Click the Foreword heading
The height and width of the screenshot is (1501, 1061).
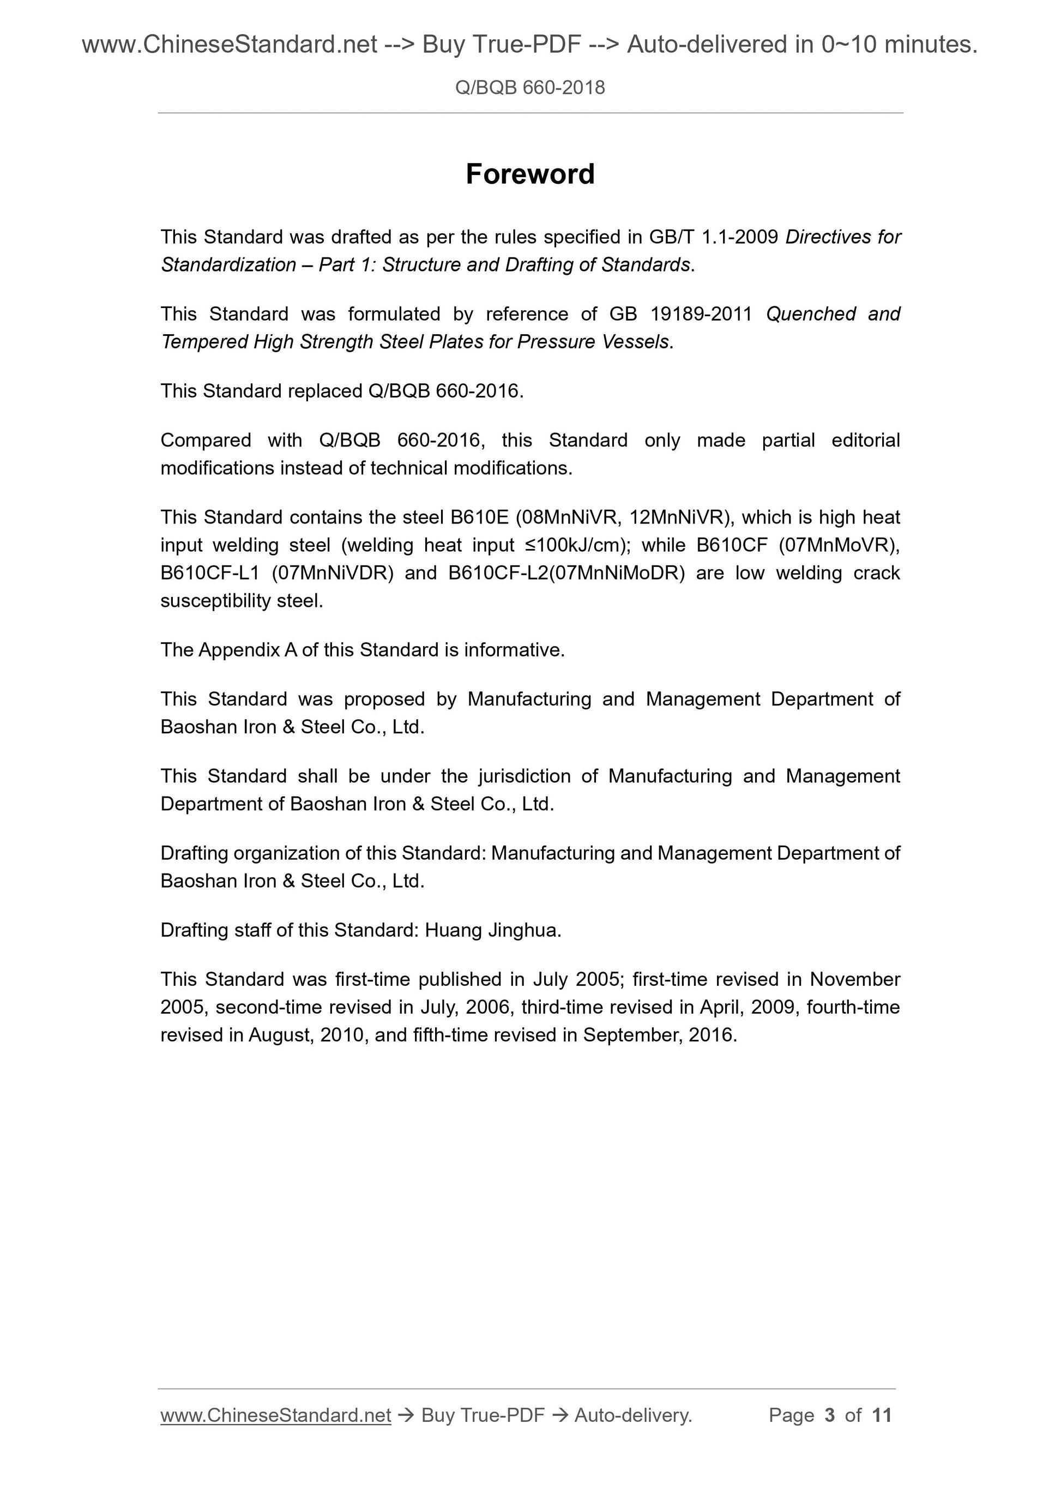(x=529, y=174)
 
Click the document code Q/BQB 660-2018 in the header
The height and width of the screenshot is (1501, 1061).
(x=529, y=88)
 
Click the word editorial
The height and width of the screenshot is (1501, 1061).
(x=865, y=440)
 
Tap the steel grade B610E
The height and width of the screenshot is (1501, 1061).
(x=479, y=517)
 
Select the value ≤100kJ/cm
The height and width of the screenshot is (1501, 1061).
(x=572, y=545)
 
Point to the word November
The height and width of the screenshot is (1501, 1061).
(x=854, y=979)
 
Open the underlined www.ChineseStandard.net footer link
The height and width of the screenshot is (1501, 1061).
(x=275, y=1415)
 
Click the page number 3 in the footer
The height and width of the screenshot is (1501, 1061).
(x=830, y=1415)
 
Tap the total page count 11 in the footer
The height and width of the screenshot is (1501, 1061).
(x=882, y=1415)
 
